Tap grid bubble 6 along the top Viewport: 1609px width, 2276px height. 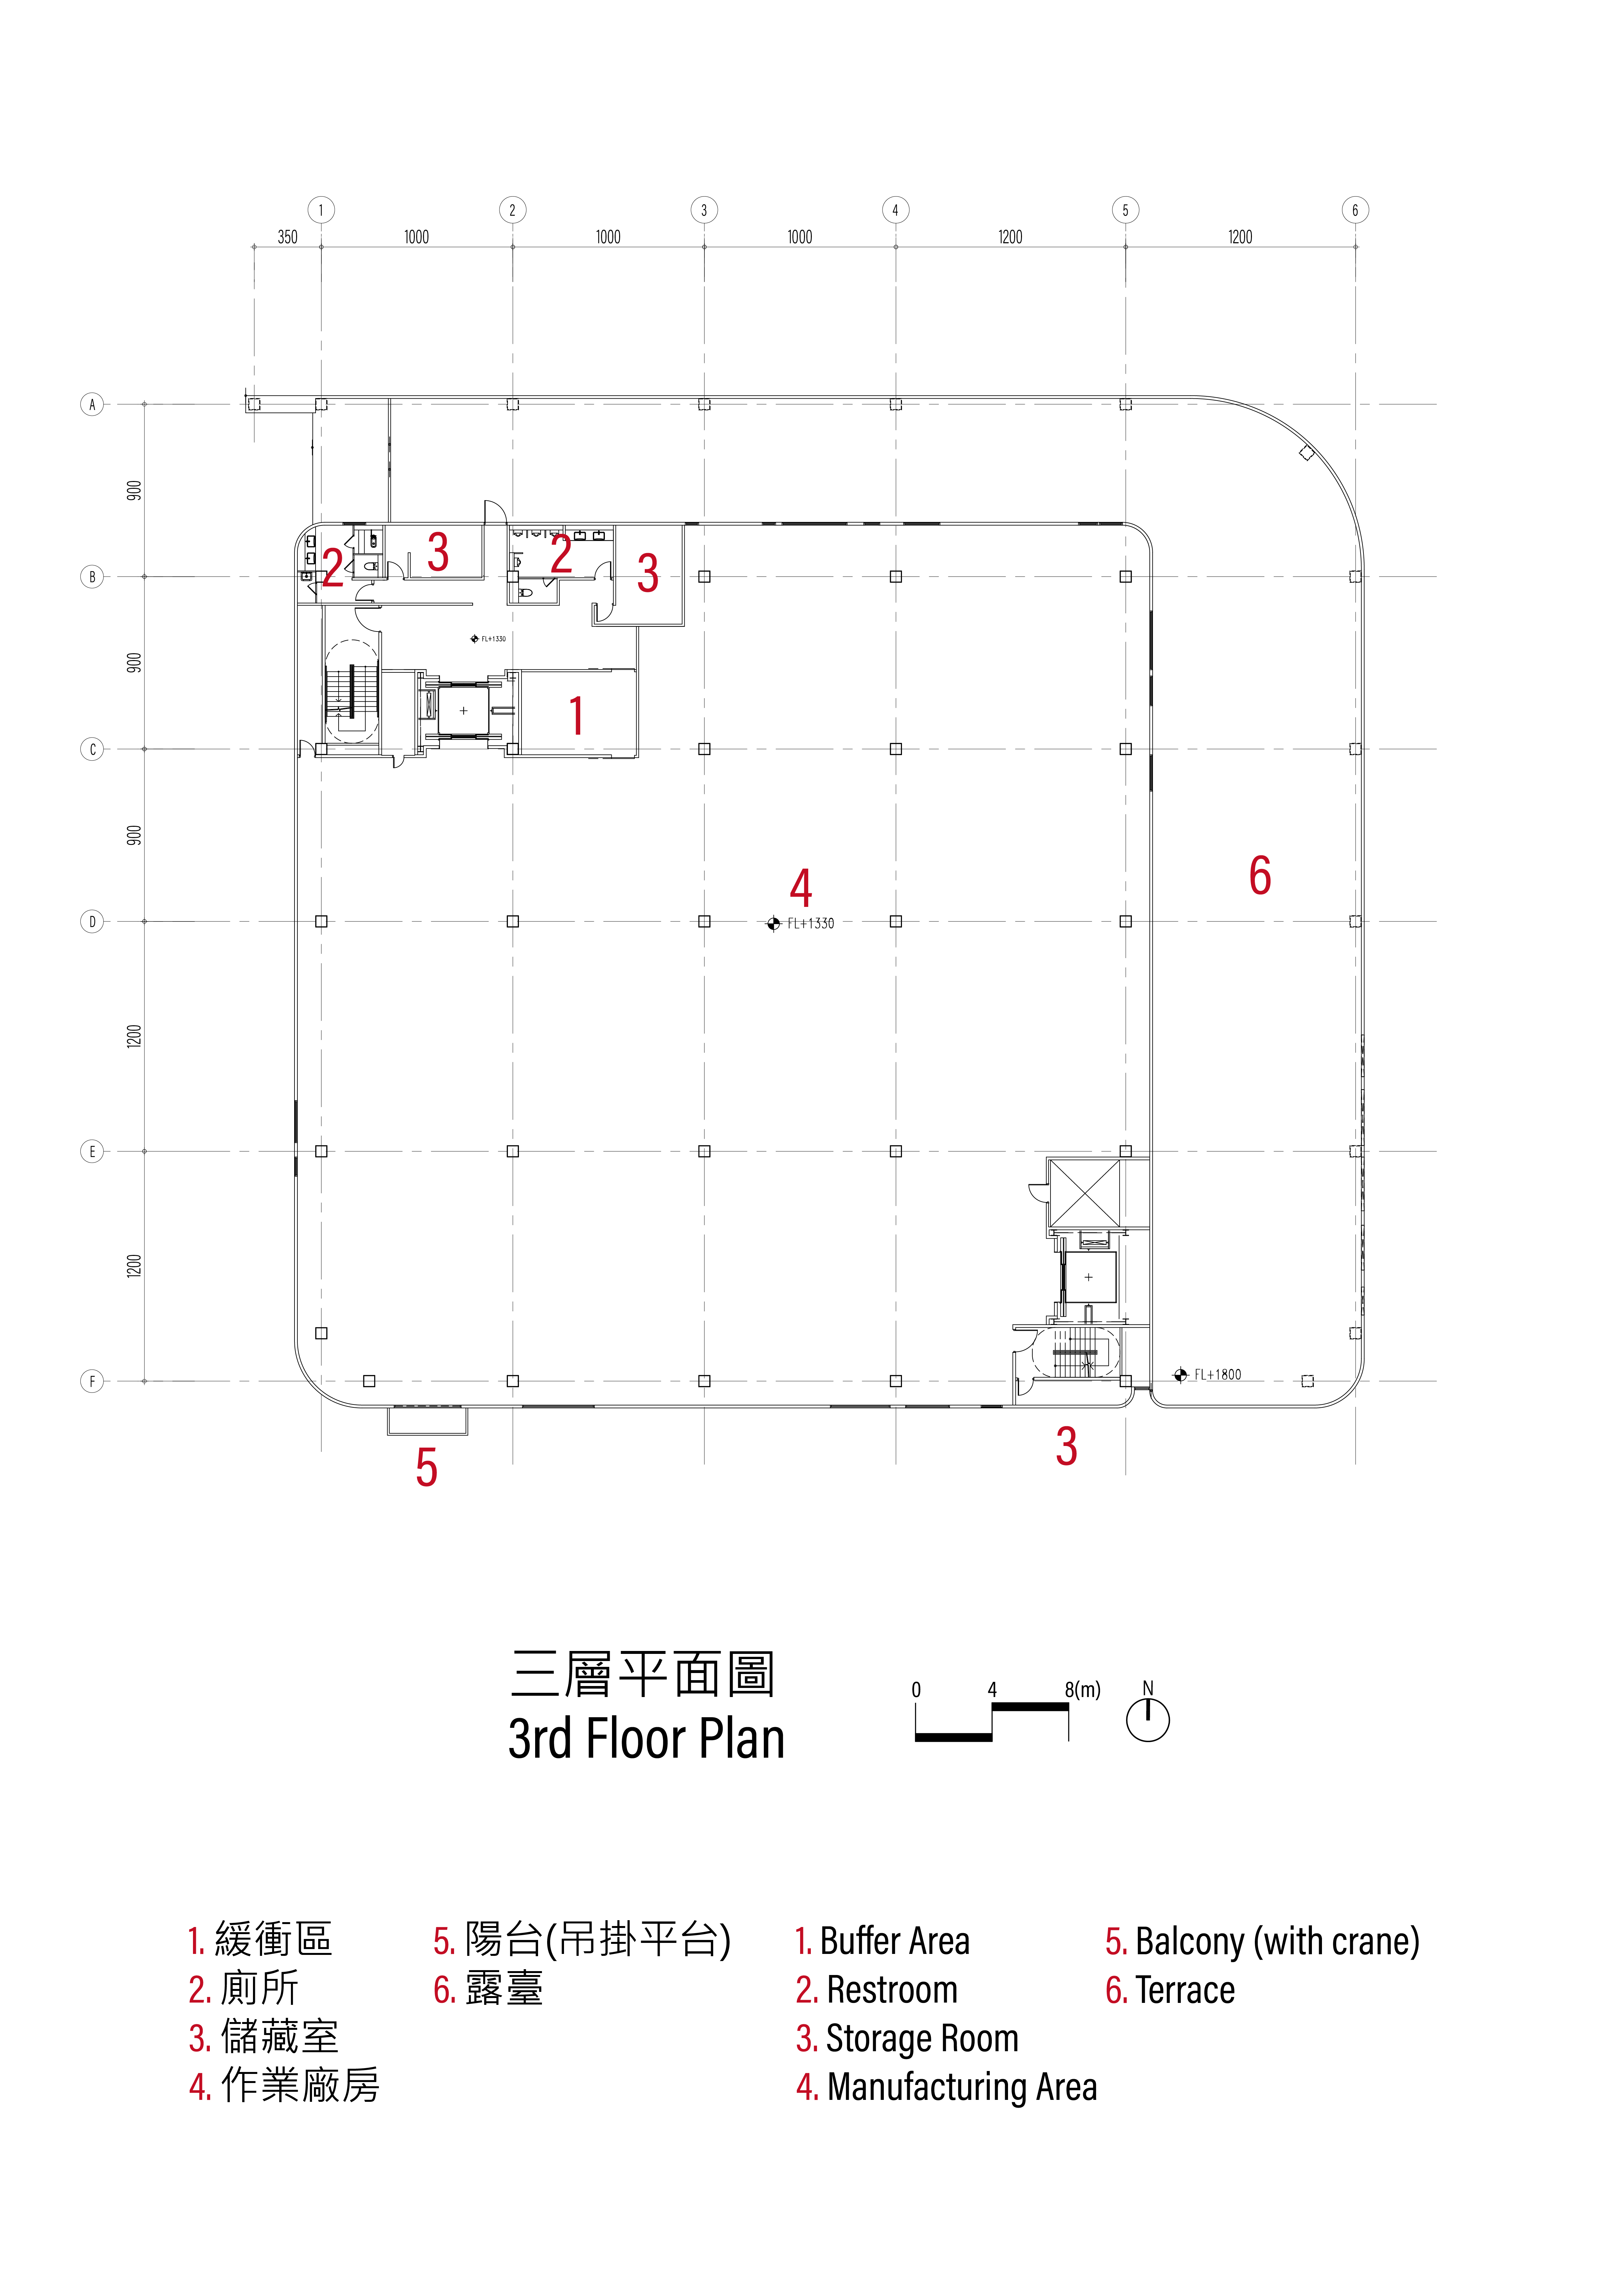tap(1355, 210)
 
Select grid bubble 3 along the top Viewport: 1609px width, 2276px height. tap(704, 210)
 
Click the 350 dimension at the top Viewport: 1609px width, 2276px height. tap(287, 237)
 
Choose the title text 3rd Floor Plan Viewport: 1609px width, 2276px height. tap(646, 1739)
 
